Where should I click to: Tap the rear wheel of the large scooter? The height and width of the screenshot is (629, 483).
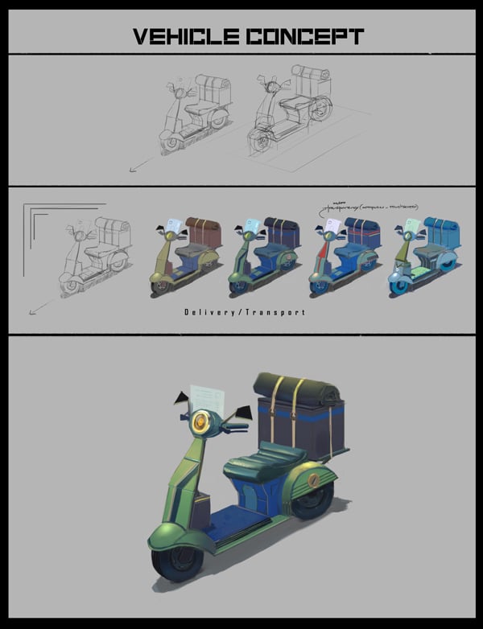310,500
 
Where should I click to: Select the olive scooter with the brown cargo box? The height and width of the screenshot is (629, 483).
184,254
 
